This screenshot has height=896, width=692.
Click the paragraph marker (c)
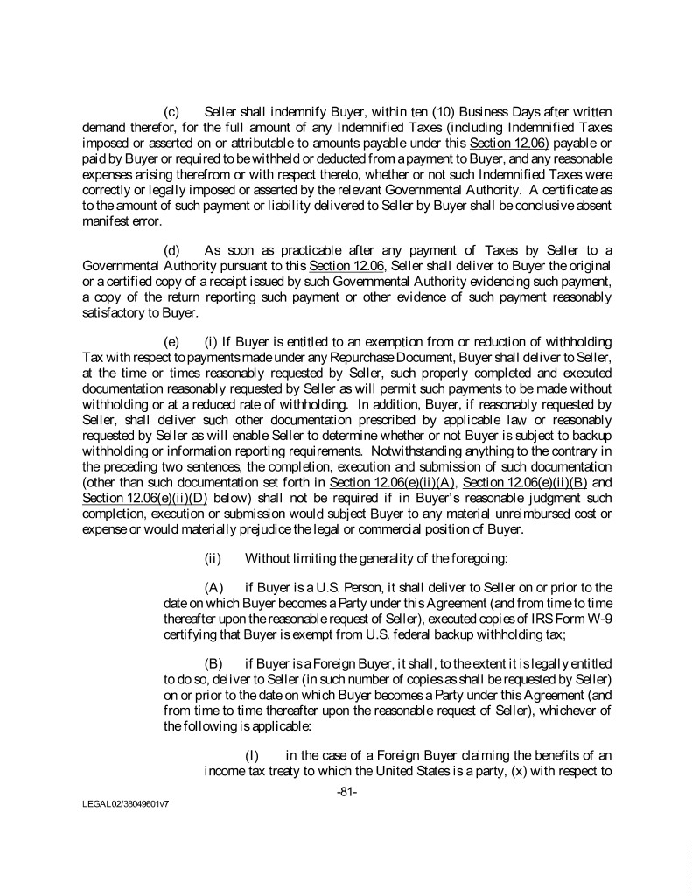click(172, 112)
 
